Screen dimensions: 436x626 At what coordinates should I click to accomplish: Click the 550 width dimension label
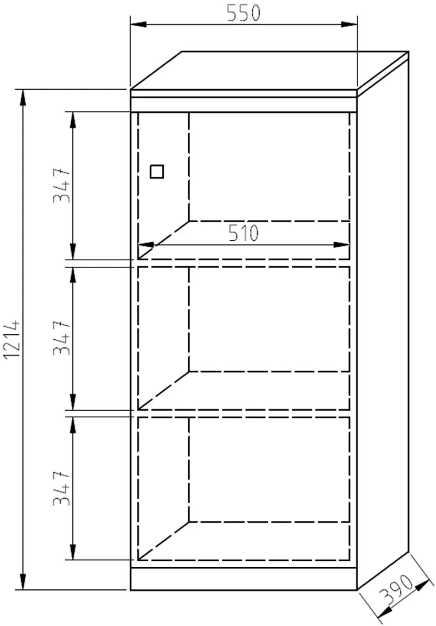click(243, 13)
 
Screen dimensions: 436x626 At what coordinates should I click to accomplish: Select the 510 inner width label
click(243, 233)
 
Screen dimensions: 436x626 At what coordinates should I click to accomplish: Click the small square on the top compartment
click(157, 171)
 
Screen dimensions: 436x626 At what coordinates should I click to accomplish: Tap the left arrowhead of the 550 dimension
click(138, 24)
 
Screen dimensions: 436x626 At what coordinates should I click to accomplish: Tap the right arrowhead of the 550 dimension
click(349, 24)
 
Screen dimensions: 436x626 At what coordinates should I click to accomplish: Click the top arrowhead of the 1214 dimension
click(23, 98)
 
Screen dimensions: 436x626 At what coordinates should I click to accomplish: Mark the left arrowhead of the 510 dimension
click(146, 245)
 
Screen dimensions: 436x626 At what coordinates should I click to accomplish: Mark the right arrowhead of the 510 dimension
click(342, 245)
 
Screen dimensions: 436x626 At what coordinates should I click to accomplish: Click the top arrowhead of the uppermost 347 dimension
click(73, 120)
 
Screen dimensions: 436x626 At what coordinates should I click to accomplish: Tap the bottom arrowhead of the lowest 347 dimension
click(73, 551)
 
